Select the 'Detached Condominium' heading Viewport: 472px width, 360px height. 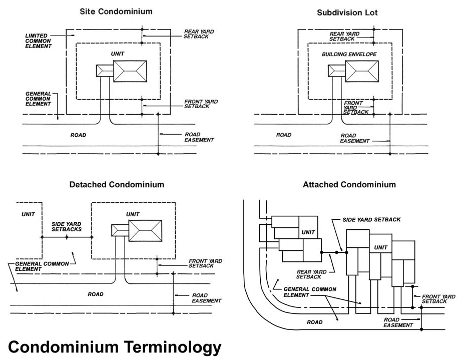pos(117,184)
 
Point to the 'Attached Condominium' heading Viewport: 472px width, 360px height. pos(349,184)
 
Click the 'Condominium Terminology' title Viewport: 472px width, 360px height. pos(115,346)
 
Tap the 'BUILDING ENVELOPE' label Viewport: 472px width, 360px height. pos(349,54)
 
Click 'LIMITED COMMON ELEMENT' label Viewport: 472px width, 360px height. pos(39,41)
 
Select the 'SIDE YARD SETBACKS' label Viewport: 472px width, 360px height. pos(67,226)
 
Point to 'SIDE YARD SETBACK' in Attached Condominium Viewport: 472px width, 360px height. pos(371,219)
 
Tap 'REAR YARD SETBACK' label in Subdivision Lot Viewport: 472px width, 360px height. pos(342,36)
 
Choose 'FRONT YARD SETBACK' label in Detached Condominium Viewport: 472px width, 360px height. pos(205,263)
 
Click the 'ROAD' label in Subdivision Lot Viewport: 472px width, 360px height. pos(284,135)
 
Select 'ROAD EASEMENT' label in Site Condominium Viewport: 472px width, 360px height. pos(199,137)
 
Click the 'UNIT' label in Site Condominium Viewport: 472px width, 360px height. pos(118,53)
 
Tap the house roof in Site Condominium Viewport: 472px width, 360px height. pos(130,71)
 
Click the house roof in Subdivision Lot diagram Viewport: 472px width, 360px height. pos(361,71)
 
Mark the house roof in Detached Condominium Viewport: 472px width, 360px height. pos(146,231)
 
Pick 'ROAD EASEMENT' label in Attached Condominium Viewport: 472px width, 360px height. pos(398,322)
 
